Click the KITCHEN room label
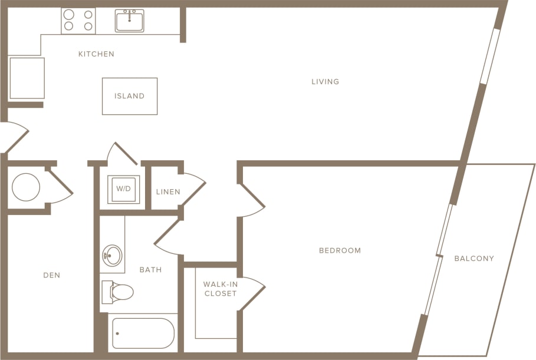point(96,54)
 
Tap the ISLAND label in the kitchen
point(130,96)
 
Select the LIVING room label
point(325,81)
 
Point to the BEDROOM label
point(340,250)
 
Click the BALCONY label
point(474,258)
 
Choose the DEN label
point(52,275)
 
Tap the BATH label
point(150,270)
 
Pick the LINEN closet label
point(168,192)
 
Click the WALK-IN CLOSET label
point(221,289)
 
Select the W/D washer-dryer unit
point(123,189)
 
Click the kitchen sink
point(130,21)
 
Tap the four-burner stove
point(78,21)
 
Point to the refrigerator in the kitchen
point(27,78)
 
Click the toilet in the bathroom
point(119,292)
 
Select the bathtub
point(143,333)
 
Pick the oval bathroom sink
point(111,256)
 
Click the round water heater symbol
point(26,187)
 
